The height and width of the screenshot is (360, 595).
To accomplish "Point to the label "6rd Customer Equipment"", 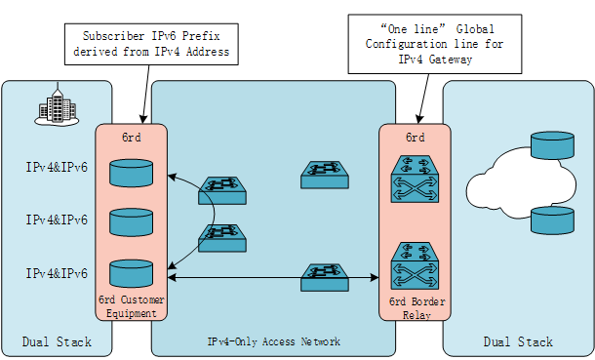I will click(132, 305).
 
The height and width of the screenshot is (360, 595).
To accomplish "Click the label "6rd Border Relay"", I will click(415, 305).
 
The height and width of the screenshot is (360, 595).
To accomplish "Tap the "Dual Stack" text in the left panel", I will click(57, 341).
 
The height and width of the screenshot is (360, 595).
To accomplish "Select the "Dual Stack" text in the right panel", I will click(518, 341).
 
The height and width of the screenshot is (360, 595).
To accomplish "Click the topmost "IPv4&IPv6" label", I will click(57, 168).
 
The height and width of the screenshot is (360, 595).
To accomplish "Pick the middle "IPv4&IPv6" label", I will click(57, 220).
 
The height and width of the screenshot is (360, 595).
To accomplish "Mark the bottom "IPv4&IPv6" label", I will click(57, 272).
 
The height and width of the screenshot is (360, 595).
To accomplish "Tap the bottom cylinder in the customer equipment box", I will click(132, 271).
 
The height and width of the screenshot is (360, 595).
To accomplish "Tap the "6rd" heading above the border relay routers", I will click(415, 138).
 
